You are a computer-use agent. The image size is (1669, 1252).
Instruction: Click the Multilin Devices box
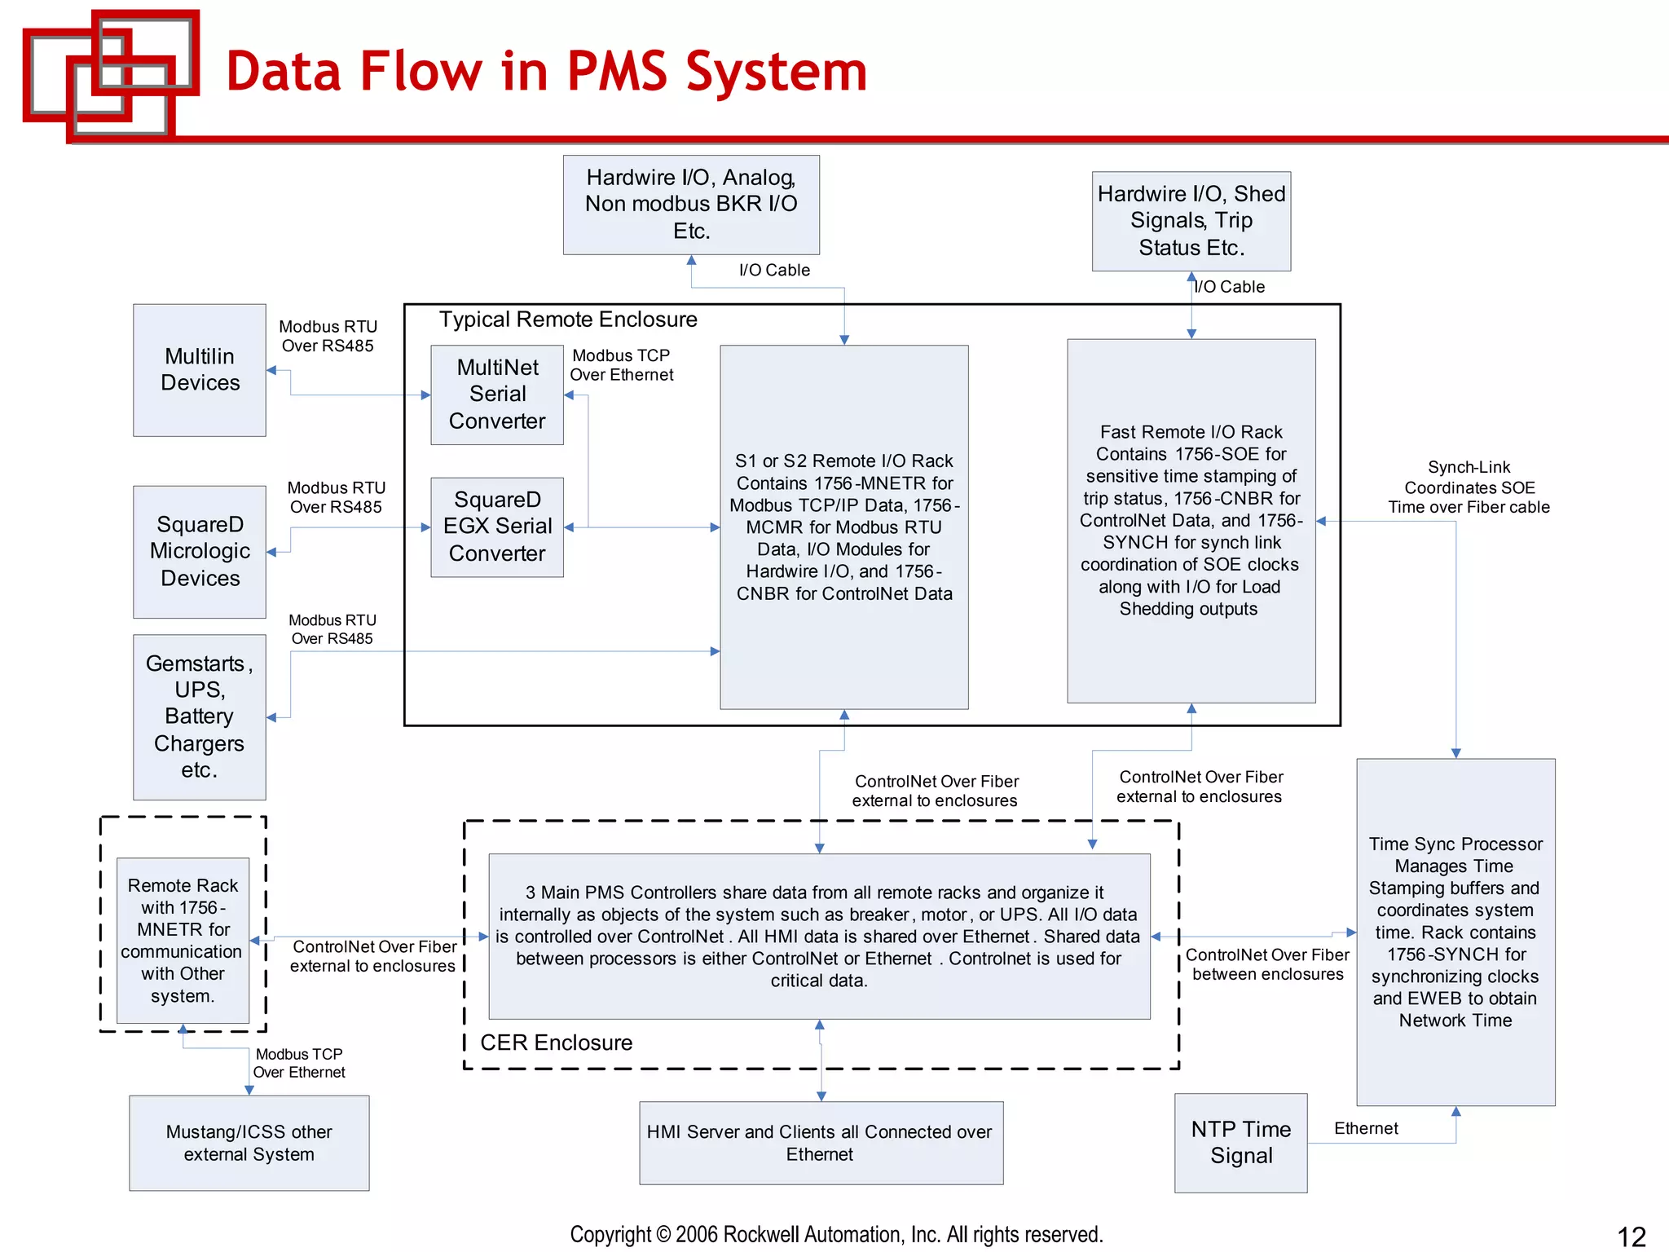[200, 370]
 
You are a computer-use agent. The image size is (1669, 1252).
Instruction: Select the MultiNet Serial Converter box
[497, 395]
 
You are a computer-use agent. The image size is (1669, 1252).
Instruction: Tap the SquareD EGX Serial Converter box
[497, 527]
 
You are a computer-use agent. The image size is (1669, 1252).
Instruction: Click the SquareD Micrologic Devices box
[200, 552]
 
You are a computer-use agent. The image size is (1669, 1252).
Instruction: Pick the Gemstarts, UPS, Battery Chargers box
[200, 716]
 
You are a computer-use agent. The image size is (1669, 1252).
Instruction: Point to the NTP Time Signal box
[1240, 1142]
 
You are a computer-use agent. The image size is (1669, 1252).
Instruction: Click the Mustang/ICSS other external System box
[249, 1143]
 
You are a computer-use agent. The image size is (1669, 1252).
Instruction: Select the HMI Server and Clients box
[820, 1143]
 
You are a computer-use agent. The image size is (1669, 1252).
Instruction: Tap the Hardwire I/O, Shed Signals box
[1191, 221]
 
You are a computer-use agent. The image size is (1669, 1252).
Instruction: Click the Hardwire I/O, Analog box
[691, 205]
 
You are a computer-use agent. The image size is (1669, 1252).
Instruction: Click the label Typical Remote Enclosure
[568, 320]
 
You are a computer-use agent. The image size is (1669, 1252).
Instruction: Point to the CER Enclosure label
[556, 1043]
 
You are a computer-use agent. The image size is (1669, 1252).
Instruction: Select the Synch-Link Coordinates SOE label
[1469, 487]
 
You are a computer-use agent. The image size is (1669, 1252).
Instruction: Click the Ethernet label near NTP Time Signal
[1366, 1128]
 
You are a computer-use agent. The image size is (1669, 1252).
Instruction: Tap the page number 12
[1631, 1236]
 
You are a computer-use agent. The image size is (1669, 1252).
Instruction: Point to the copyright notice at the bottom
[836, 1234]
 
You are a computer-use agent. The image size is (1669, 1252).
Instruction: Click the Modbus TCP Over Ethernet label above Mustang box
[299, 1063]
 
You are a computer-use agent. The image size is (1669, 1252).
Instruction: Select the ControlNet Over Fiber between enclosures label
[1267, 964]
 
